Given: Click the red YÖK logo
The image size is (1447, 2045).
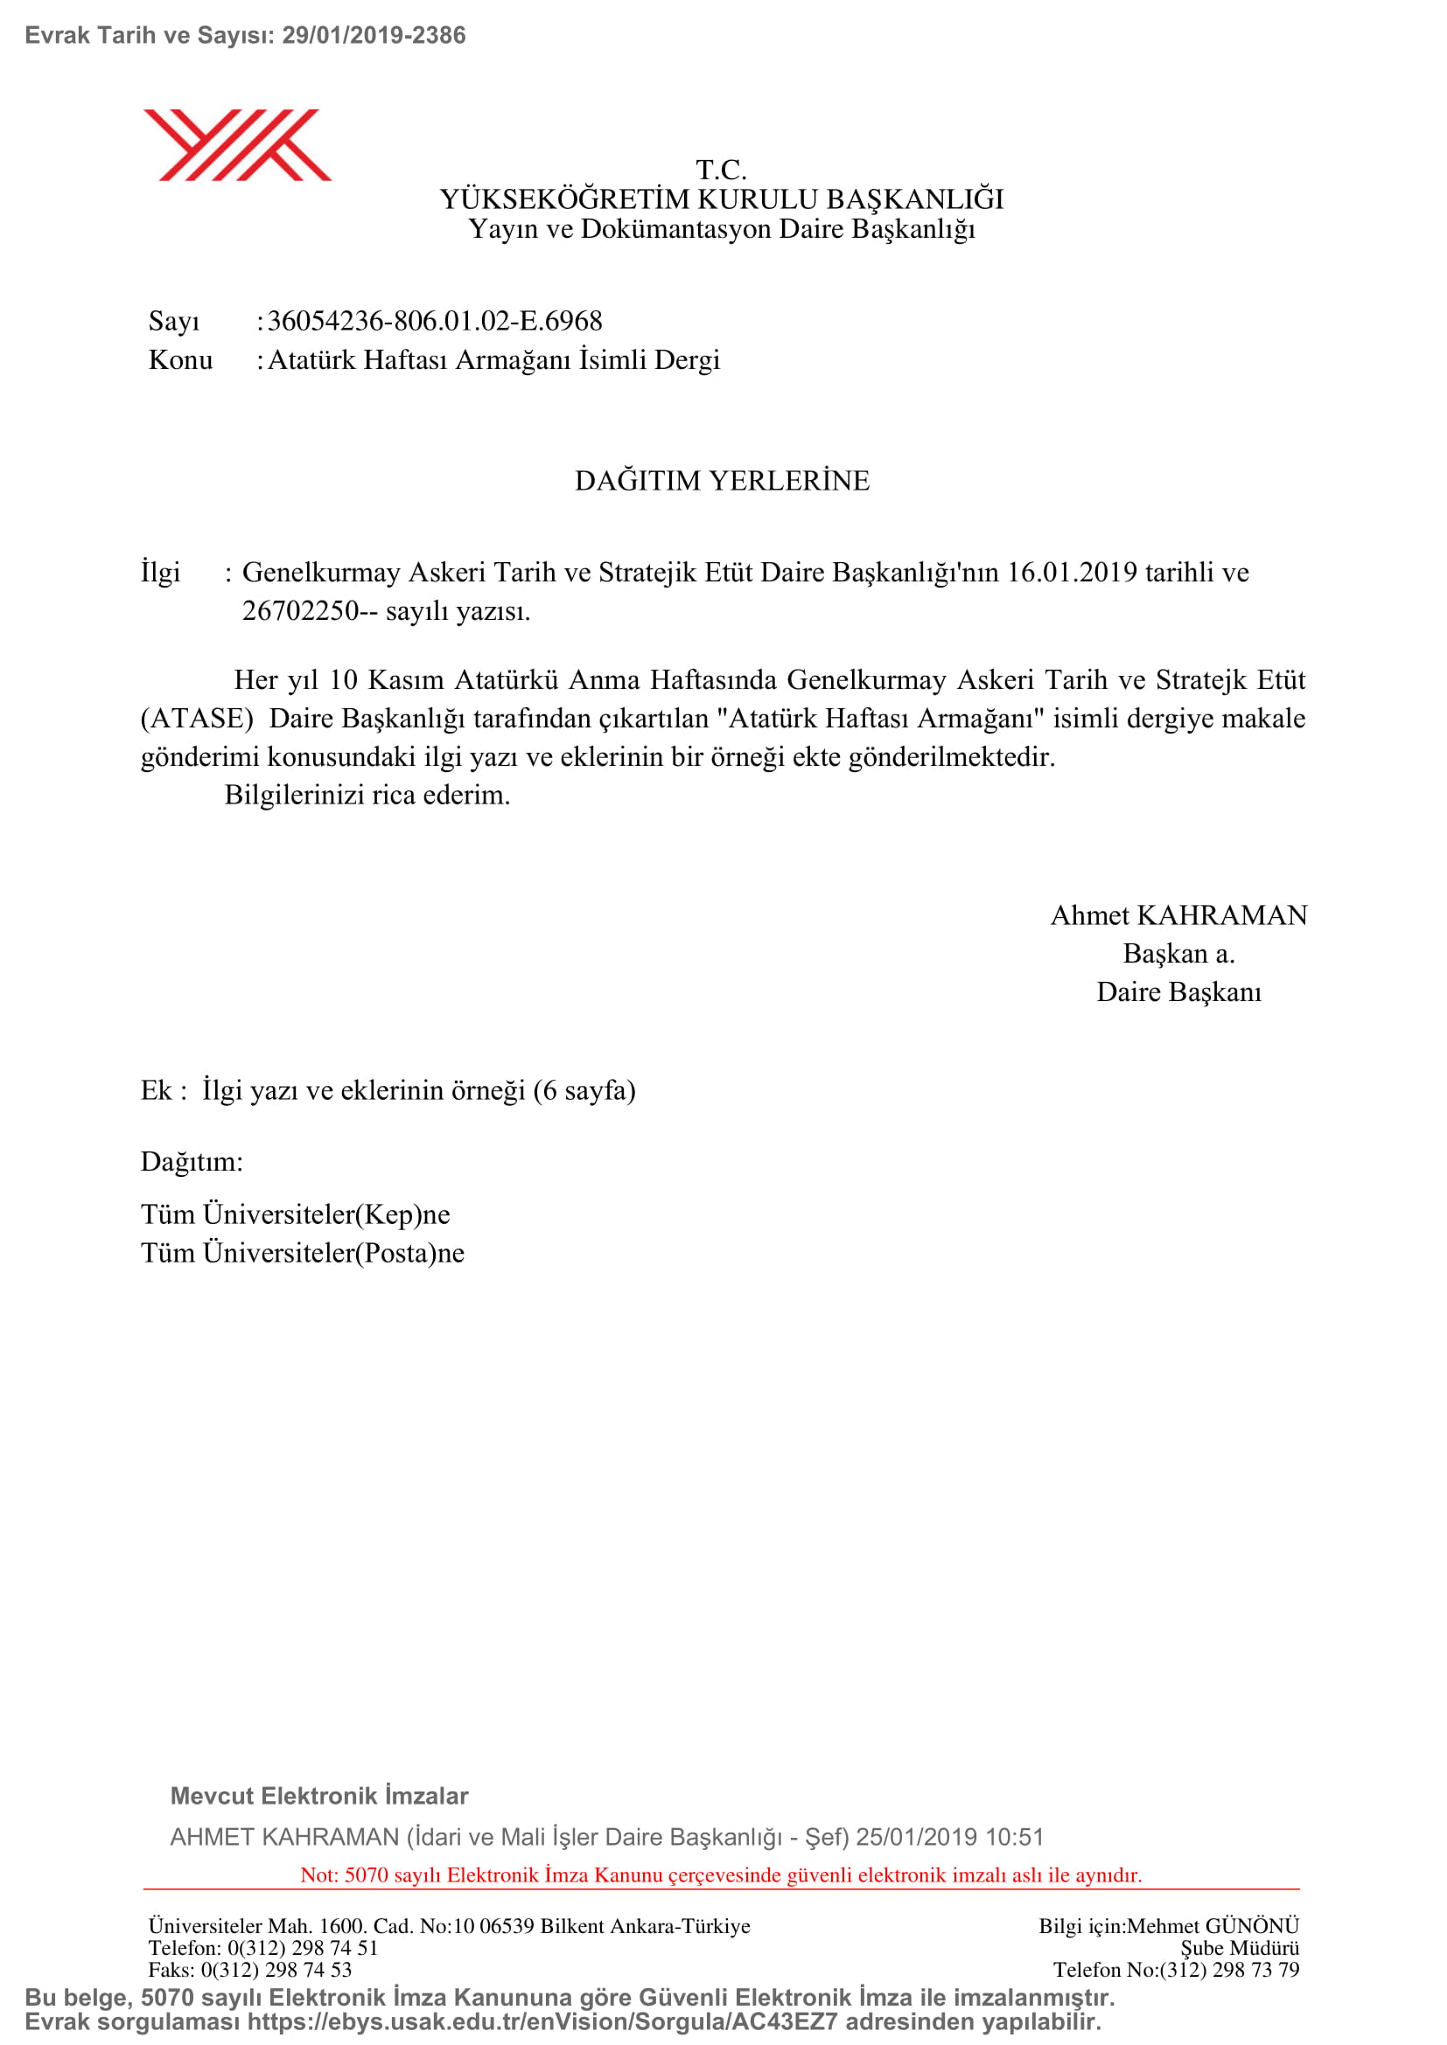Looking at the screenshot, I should click(237, 145).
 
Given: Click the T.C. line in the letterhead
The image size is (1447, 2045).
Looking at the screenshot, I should click(721, 170).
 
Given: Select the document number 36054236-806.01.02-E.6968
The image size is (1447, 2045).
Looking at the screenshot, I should click(435, 321).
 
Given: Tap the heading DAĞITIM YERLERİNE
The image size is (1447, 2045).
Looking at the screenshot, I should click(722, 481).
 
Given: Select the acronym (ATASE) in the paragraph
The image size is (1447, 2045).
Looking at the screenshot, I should click(197, 719).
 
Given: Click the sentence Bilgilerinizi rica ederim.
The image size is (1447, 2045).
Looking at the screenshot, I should click(367, 795).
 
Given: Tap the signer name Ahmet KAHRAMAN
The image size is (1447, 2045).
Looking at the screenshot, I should click(1178, 915).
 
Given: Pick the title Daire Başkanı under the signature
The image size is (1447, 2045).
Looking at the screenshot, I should click(1178, 992).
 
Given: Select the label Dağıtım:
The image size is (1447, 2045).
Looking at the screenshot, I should click(192, 1161).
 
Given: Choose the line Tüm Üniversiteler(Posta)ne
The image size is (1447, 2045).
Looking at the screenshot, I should click(302, 1253).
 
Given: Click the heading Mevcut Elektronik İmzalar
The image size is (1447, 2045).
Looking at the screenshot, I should click(319, 1796).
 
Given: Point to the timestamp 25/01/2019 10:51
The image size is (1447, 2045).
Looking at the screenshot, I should click(949, 1838).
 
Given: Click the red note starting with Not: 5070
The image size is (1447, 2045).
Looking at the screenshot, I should click(721, 1875).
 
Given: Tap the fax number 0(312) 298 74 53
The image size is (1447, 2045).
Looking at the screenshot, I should click(276, 1969).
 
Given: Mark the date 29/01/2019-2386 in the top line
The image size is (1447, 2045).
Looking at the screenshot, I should click(374, 36).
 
